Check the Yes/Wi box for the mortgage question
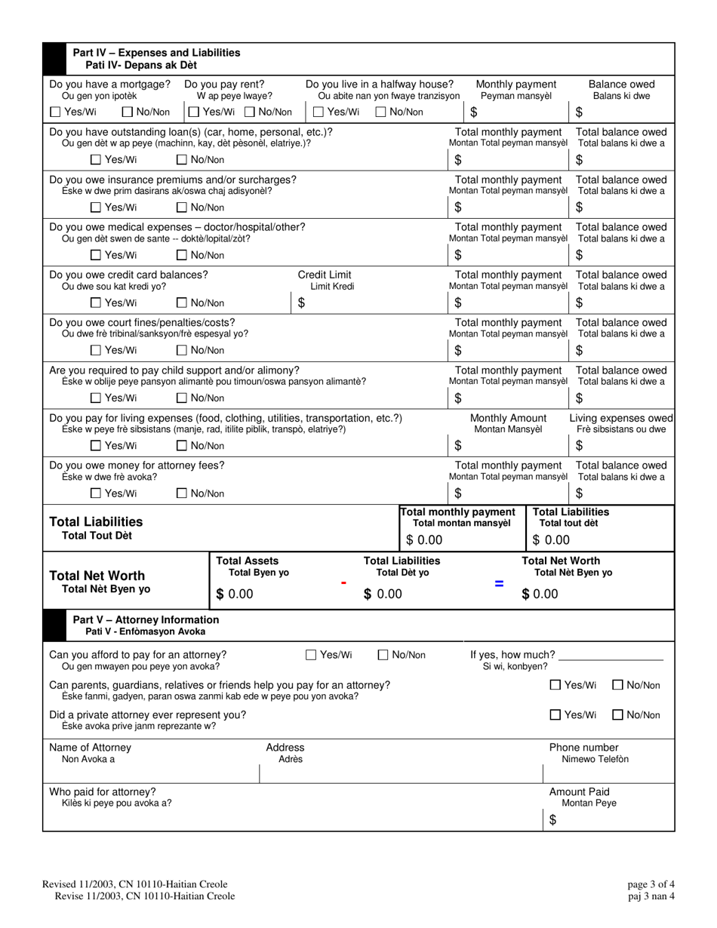(55, 112)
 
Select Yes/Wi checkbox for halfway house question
(318, 112)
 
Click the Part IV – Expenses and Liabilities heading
(156, 53)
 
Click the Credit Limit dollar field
(362, 303)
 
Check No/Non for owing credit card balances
(182, 303)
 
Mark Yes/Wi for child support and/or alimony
(96, 398)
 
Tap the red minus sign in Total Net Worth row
(343, 582)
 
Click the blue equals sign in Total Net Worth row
(498, 582)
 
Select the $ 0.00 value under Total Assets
(235, 595)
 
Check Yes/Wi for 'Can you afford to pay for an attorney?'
(312, 655)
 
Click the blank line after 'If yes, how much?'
(611, 655)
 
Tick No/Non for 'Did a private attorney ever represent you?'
(617, 714)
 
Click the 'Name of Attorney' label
(90, 748)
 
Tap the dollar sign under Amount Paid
(552, 821)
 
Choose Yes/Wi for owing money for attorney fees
(96, 493)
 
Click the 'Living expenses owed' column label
(621, 418)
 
